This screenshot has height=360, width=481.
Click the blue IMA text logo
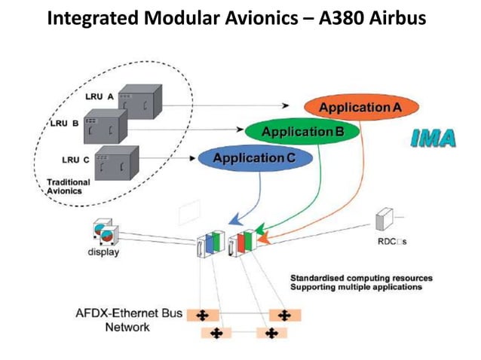pyautogui.click(x=434, y=139)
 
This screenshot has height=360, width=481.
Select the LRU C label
pyautogui.click(x=75, y=159)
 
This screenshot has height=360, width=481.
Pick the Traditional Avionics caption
pyautogui.click(x=68, y=186)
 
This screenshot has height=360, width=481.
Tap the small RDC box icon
pyautogui.click(x=384, y=220)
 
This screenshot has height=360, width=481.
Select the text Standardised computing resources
pyautogui.click(x=361, y=278)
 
